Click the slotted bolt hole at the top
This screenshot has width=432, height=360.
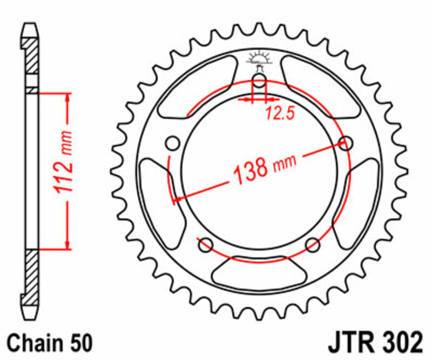(x=259, y=83)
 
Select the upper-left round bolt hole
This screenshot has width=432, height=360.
(x=173, y=144)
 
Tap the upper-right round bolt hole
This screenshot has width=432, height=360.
(x=345, y=143)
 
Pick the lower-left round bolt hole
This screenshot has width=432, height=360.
(x=205, y=245)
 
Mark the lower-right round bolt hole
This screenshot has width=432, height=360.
(x=313, y=245)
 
